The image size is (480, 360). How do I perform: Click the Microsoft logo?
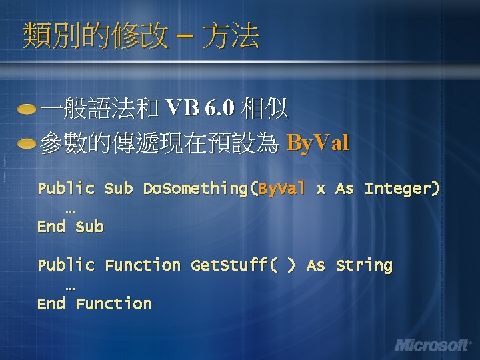(x=433, y=345)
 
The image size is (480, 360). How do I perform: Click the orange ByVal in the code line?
(x=281, y=189)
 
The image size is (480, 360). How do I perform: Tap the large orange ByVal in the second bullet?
(x=317, y=143)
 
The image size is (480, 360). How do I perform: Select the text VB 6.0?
(x=199, y=108)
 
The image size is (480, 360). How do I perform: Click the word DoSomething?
(x=198, y=189)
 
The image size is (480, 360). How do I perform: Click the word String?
(x=363, y=265)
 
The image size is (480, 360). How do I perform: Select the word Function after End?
(x=113, y=304)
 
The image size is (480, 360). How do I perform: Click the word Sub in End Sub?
(x=89, y=227)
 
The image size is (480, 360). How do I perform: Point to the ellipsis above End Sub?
(x=71, y=210)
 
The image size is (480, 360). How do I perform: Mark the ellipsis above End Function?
(x=71, y=287)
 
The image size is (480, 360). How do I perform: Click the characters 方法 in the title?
(x=231, y=36)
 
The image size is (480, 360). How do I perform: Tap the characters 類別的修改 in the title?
(x=95, y=36)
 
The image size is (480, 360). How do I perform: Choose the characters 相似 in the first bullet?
(x=265, y=108)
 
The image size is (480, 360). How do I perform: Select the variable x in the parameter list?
(x=321, y=189)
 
